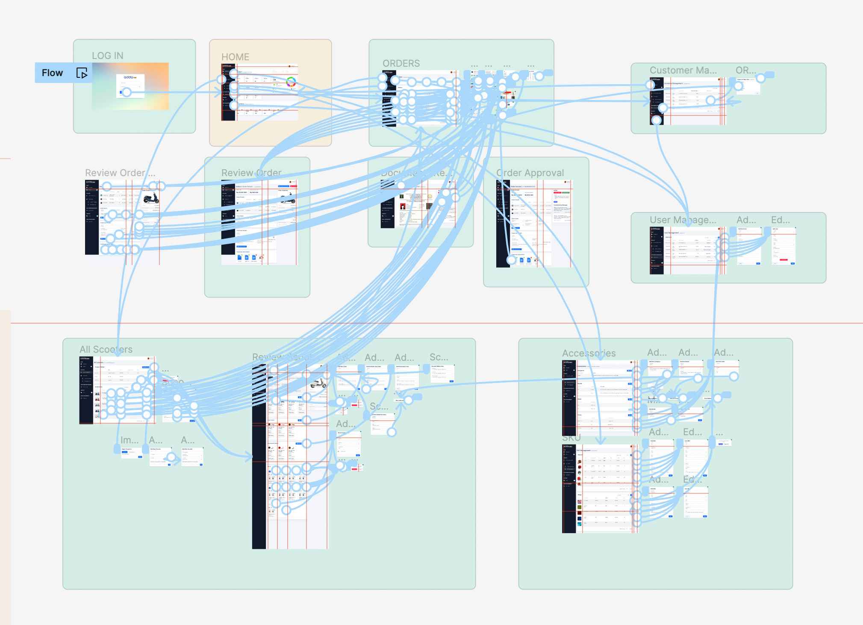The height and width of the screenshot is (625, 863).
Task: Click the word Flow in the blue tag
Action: coord(52,73)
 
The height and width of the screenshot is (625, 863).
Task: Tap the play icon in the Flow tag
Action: coord(82,73)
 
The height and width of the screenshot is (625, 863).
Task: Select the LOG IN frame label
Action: coord(108,56)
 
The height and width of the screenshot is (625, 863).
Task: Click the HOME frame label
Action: coord(235,57)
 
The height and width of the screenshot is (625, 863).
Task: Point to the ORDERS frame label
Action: coord(401,63)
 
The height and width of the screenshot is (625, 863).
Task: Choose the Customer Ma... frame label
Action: coord(683,70)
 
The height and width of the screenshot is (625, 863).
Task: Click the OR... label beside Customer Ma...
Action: coord(745,70)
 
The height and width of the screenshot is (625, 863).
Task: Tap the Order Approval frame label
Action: coord(530,173)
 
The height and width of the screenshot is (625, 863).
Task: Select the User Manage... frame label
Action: coord(683,220)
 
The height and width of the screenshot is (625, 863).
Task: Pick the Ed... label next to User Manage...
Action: coord(780,220)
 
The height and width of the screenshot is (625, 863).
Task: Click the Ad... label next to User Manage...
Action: coord(746,220)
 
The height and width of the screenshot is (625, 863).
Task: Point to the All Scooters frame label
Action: coord(106,349)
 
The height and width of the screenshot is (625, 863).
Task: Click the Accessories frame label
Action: coord(589,353)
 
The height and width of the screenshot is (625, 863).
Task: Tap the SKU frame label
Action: coord(571,438)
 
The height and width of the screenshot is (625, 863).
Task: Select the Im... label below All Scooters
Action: coord(129,440)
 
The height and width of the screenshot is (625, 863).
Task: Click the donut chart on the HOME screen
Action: coord(291,82)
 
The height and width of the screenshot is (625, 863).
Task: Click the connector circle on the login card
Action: coord(127,92)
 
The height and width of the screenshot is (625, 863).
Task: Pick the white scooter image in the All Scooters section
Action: coord(318,383)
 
